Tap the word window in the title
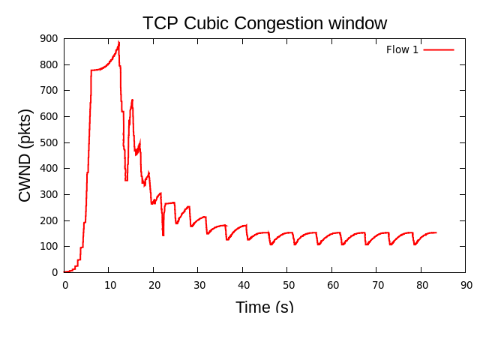click(x=360, y=23)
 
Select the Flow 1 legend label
click(x=402, y=50)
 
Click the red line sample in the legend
click(x=439, y=50)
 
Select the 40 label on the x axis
click(x=243, y=285)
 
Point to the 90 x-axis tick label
click(x=466, y=285)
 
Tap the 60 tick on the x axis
click(x=332, y=285)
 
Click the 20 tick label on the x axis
click(x=154, y=285)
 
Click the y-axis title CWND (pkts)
click(x=25, y=155)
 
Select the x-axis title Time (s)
click(x=264, y=307)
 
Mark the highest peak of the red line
click(x=118, y=42)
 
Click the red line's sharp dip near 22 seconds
click(x=163, y=235)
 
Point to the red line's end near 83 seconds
click(x=436, y=232)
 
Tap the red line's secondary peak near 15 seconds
click(x=132, y=100)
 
